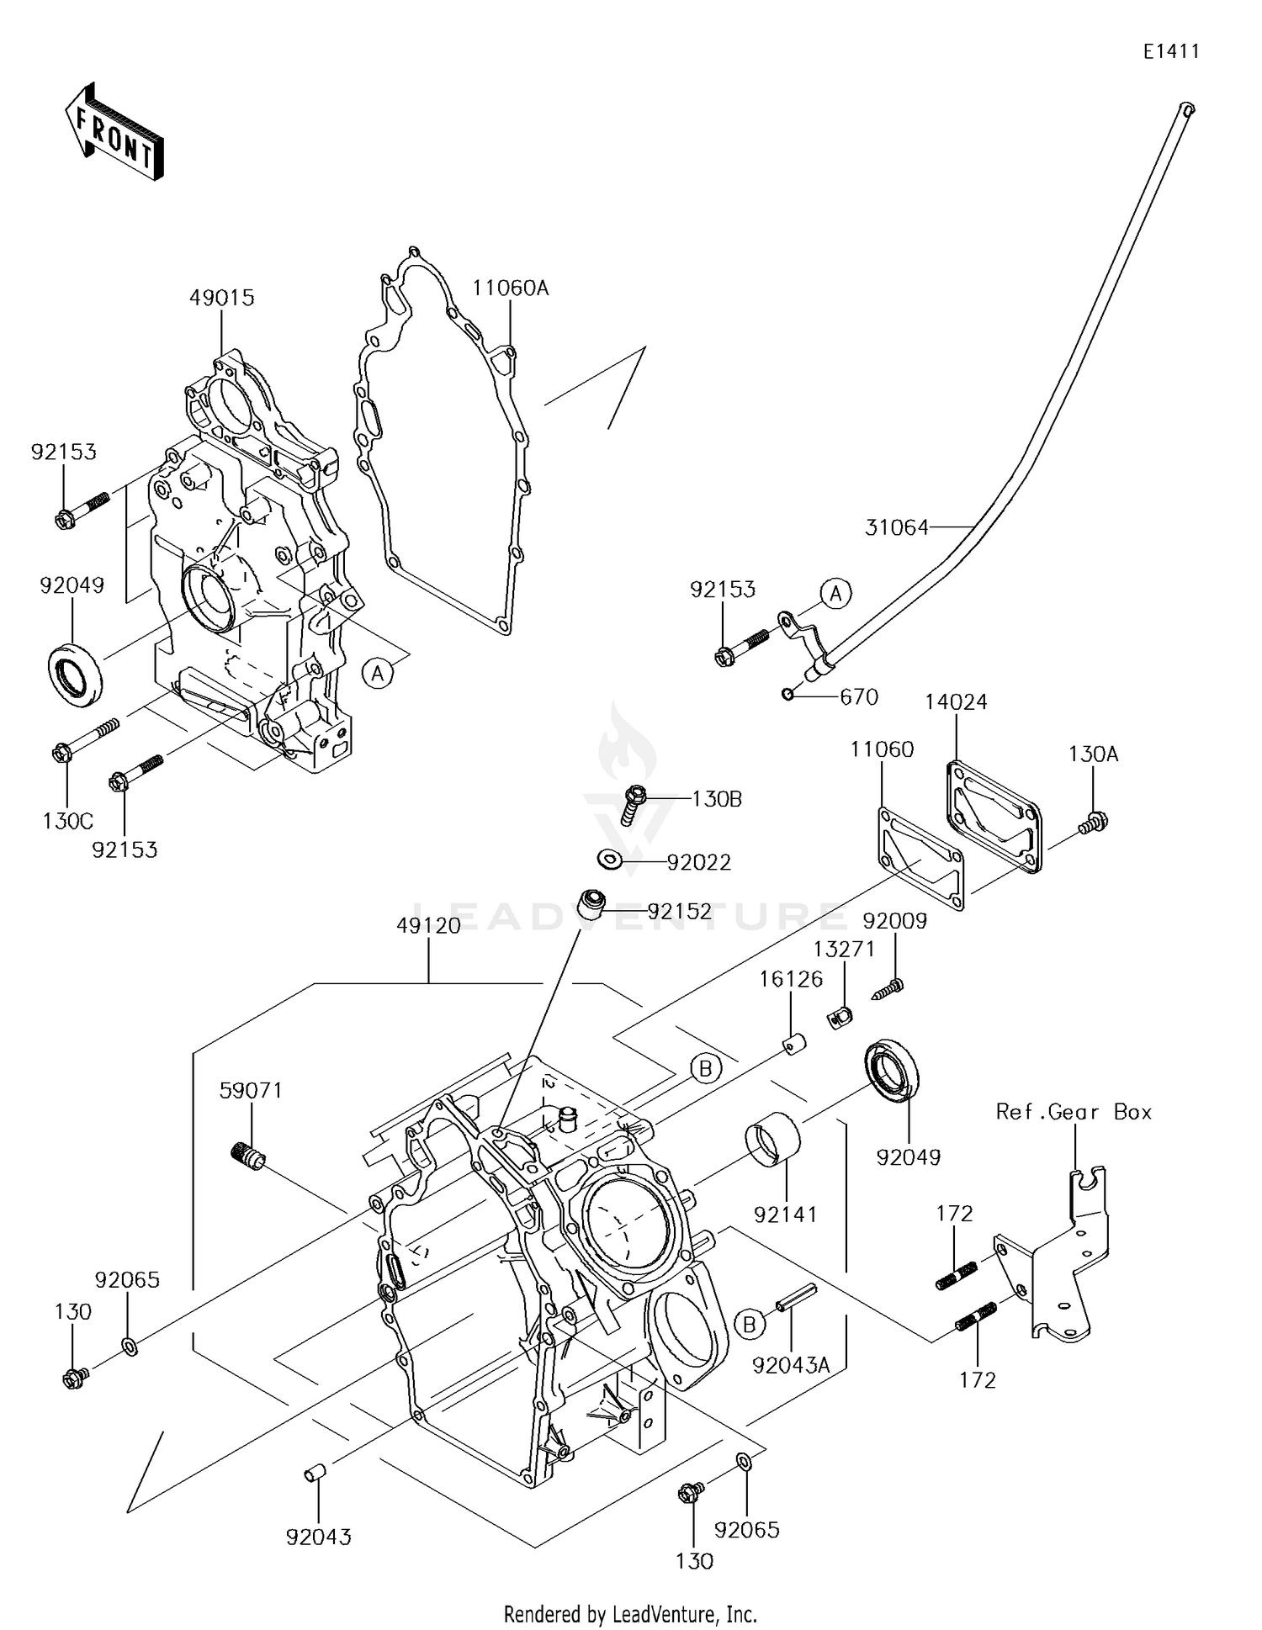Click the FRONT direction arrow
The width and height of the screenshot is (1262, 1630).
tap(114, 131)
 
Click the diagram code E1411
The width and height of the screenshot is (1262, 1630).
tap(1171, 52)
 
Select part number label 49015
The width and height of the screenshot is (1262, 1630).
tap(221, 298)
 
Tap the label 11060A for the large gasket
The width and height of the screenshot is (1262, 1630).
tap(510, 288)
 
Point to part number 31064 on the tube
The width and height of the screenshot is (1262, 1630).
tap(896, 527)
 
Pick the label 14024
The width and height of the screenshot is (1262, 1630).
tap(956, 702)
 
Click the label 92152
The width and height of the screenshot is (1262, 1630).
tap(679, 911)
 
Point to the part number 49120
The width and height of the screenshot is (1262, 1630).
tap(429, 926)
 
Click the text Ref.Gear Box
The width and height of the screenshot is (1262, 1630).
tap(1074, 1112)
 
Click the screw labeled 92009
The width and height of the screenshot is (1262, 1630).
tap(888, 987)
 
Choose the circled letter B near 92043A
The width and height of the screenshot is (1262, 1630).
tap(749, 1325)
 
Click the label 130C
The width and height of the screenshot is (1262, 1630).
tap(68, 821)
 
